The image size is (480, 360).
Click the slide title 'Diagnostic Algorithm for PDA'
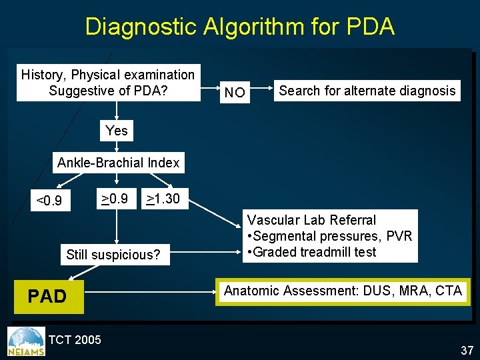240,27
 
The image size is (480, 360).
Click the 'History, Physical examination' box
108,83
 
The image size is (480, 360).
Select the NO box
235,92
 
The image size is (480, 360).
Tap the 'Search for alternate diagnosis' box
367,91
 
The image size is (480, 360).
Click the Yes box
117,131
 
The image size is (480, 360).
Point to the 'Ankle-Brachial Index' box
119,163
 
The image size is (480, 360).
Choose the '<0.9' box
49,200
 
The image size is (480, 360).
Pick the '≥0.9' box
115,198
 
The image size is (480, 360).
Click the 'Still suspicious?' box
113,255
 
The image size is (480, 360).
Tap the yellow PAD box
48,296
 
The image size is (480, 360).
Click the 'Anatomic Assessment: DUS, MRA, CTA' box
343,291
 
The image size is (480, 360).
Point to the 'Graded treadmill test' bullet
311,252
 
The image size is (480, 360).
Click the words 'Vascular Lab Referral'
312,220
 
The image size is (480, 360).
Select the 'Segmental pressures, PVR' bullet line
329,236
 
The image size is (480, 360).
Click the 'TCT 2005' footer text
75,340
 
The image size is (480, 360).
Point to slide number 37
466,350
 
